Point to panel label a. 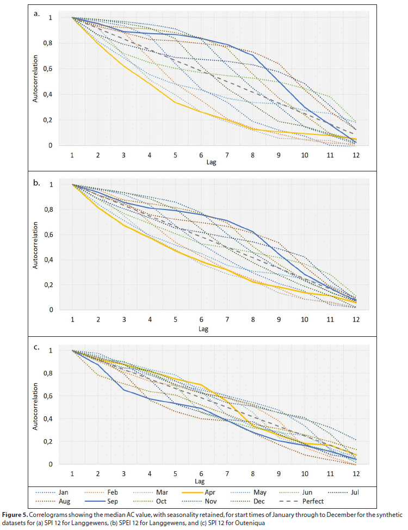click(37, 14)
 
